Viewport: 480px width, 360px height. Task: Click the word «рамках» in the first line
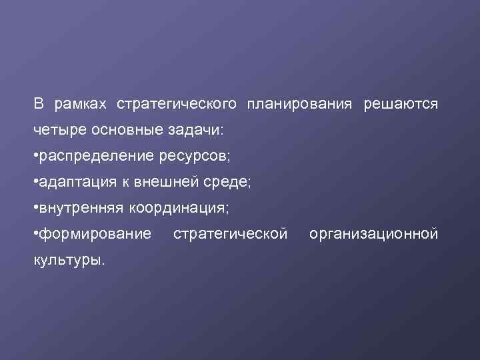click(81, 105)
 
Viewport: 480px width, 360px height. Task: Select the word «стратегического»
click(177, 105)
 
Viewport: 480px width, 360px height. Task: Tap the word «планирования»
click(299, 105)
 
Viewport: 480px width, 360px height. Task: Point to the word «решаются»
click(401, 105)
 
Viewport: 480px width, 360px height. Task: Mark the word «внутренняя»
click(81, 209)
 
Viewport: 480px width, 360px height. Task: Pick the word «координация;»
click(179, 209)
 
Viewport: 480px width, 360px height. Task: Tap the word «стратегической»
click(230, 235)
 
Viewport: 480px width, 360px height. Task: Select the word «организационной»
click(373, 235)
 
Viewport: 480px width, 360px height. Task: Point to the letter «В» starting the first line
click(39, 105)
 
